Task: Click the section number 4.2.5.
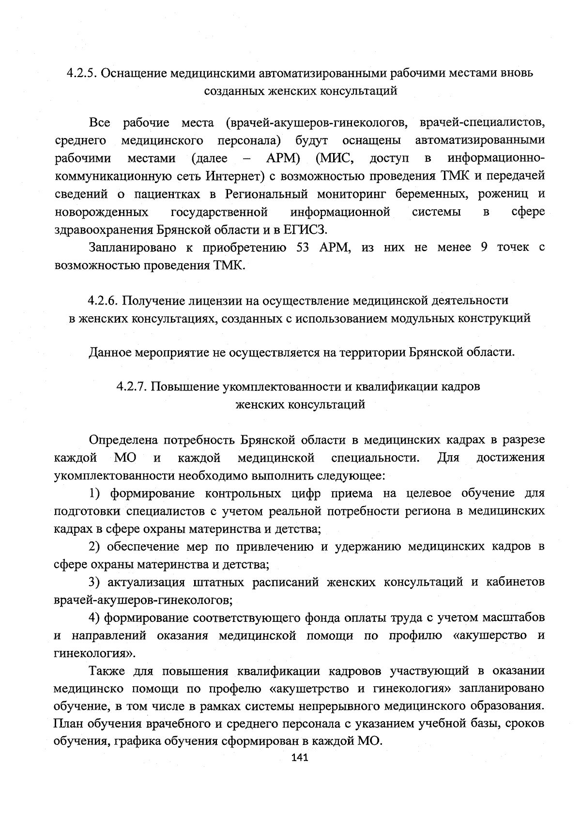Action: [x=81, y=73]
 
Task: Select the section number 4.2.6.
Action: [x=103, y=300]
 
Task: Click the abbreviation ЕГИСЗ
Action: [x=311, y=229]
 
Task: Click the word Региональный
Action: [x=266, y=194]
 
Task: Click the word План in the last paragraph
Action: [x=68, y=724]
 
